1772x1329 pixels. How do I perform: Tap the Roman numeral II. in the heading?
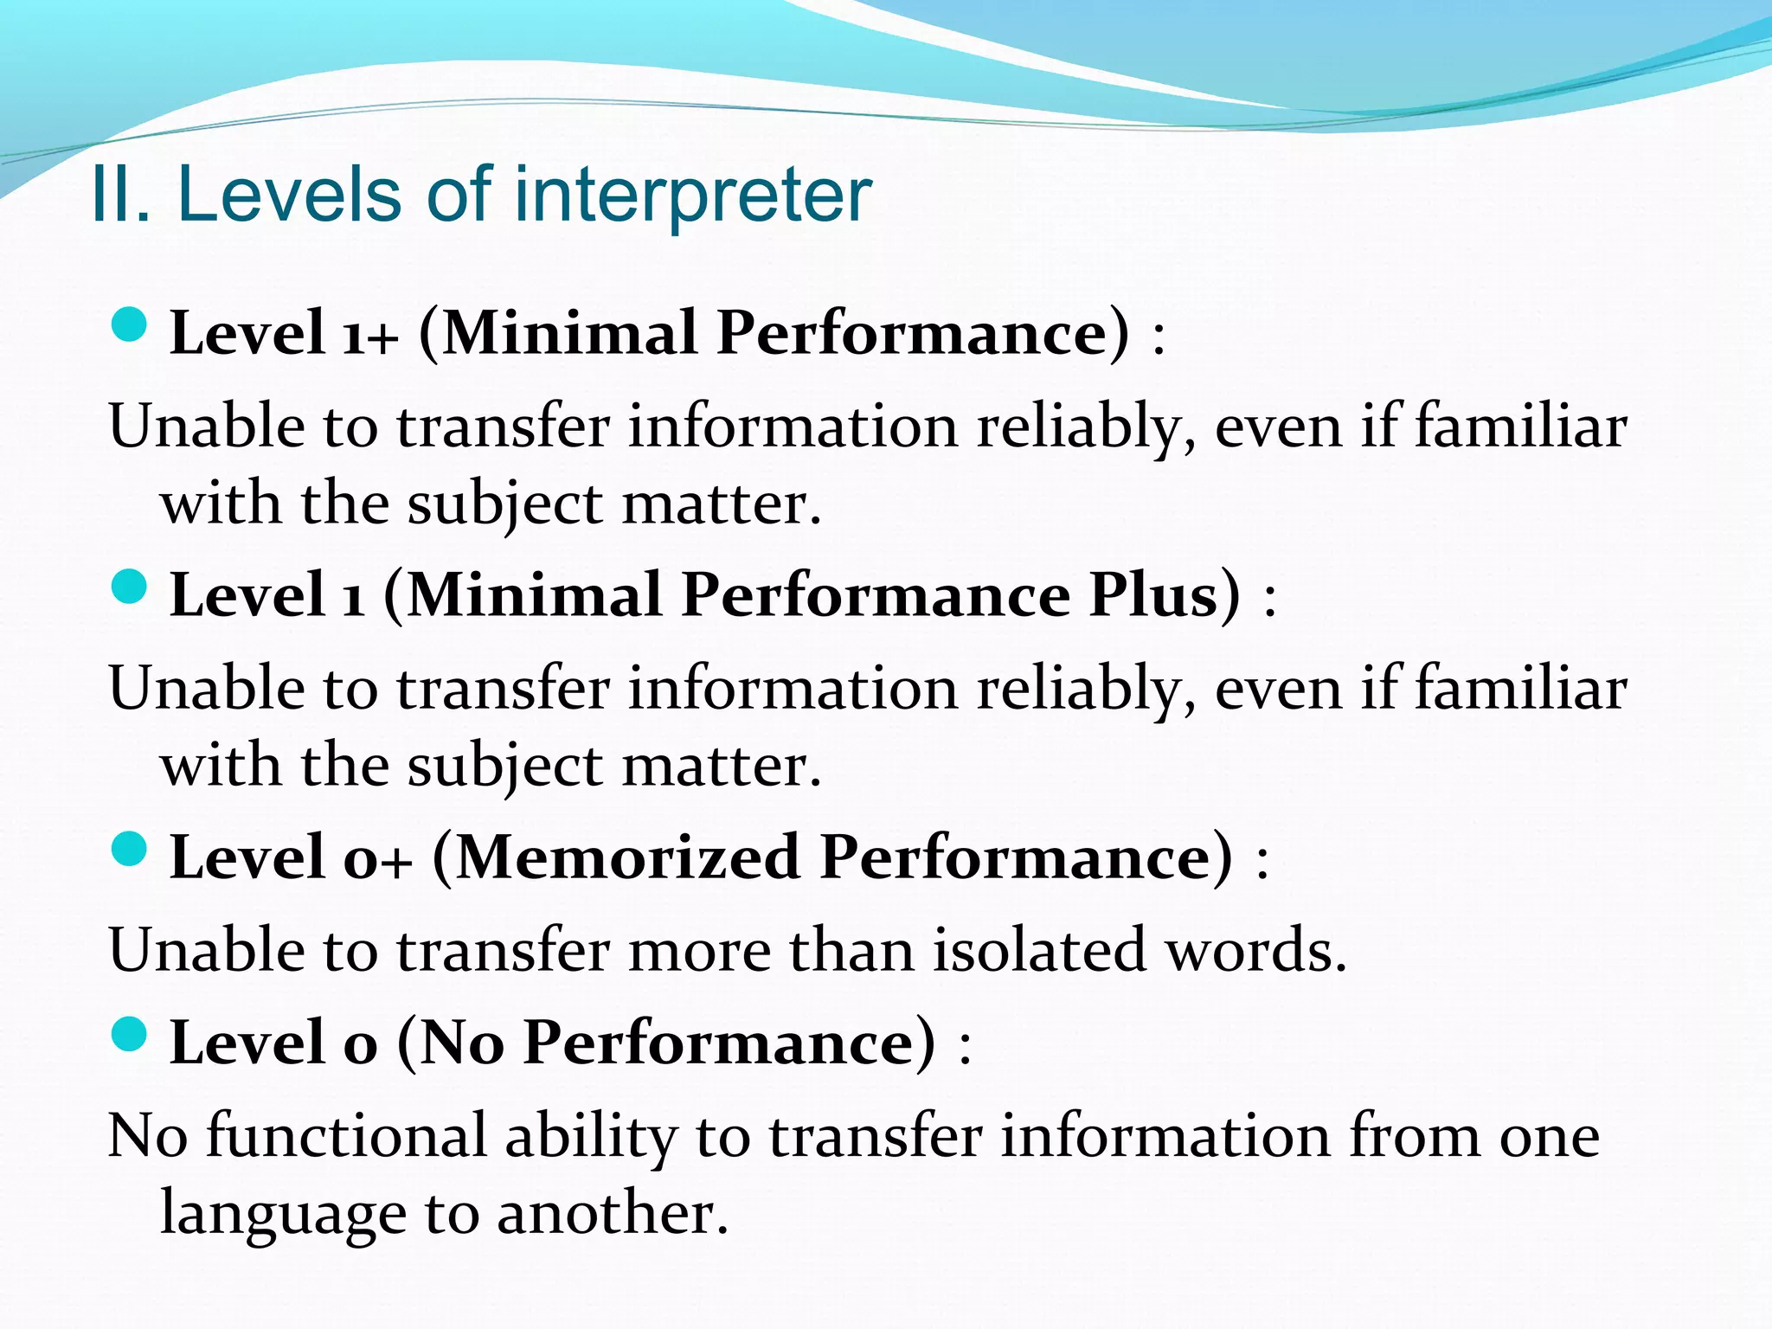[121, 196]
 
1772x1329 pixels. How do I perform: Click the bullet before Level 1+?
[130, 325]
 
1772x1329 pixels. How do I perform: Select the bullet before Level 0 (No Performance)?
[130, 1034]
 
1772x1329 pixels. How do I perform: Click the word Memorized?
[627, 857]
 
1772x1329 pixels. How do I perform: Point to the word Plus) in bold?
[1165, 595]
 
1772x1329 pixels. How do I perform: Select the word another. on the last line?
[613, 1213]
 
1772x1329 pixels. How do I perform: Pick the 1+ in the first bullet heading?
[370, 334]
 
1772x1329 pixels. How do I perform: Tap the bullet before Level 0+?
[130, 850]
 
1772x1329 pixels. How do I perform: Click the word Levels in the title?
[292, 196]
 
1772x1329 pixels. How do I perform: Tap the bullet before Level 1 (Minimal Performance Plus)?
[130, 587]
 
